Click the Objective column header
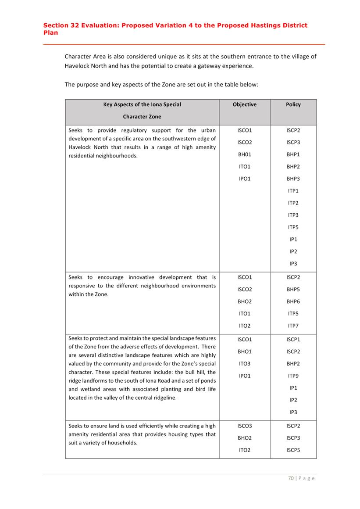pyautogui.click(x=245, y=104)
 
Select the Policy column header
pyautogui.click(x=293, y=104)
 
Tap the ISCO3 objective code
pyautogui.click(x=245, y=426)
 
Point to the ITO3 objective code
pyautogui.click(x=245, y=364)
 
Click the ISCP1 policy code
pyautogui.click(x=293, y=339)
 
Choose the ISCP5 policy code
pyautogui.click(x=293, y=450)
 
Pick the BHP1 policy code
pyautogui.click(x=293, y=154)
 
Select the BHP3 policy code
pyautogui.click(x=293, y=179)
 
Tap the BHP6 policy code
pyautogui.click(x=293, y=301)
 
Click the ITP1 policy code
pyautogui.click(x=293, y=191)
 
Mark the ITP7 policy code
pyautogui.click(x=293, y=326)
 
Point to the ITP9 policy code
pyautogui.click(x=293, y=376)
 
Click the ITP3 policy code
pyautogui.click(x=293, y=215)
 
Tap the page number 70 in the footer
pyautogui.click(x=291, y=478)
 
